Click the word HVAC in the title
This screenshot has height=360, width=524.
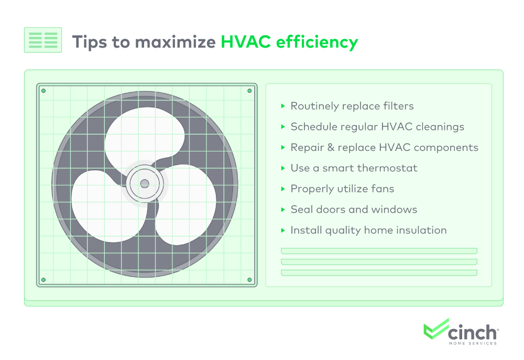point(246,42)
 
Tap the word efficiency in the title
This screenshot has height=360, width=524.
point(317,43)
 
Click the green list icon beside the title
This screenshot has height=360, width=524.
point(43,40)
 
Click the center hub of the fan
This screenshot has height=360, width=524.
point(145,183)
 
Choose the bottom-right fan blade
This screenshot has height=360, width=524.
point(185,204)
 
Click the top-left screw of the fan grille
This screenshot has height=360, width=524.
point(43,91)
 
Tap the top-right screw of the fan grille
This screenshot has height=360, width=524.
point(249,91)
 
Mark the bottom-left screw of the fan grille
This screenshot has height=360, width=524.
point(43,280)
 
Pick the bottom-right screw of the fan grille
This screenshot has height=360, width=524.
point(249,280)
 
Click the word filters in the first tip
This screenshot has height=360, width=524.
point(398,106)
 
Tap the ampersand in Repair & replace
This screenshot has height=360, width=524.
point(331,147)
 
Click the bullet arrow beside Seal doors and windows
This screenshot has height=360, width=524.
point(283,210)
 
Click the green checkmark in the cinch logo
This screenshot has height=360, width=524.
point(436,329)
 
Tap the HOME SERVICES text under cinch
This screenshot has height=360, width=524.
point(473,343)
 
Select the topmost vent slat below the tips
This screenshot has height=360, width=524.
point(379,251)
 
